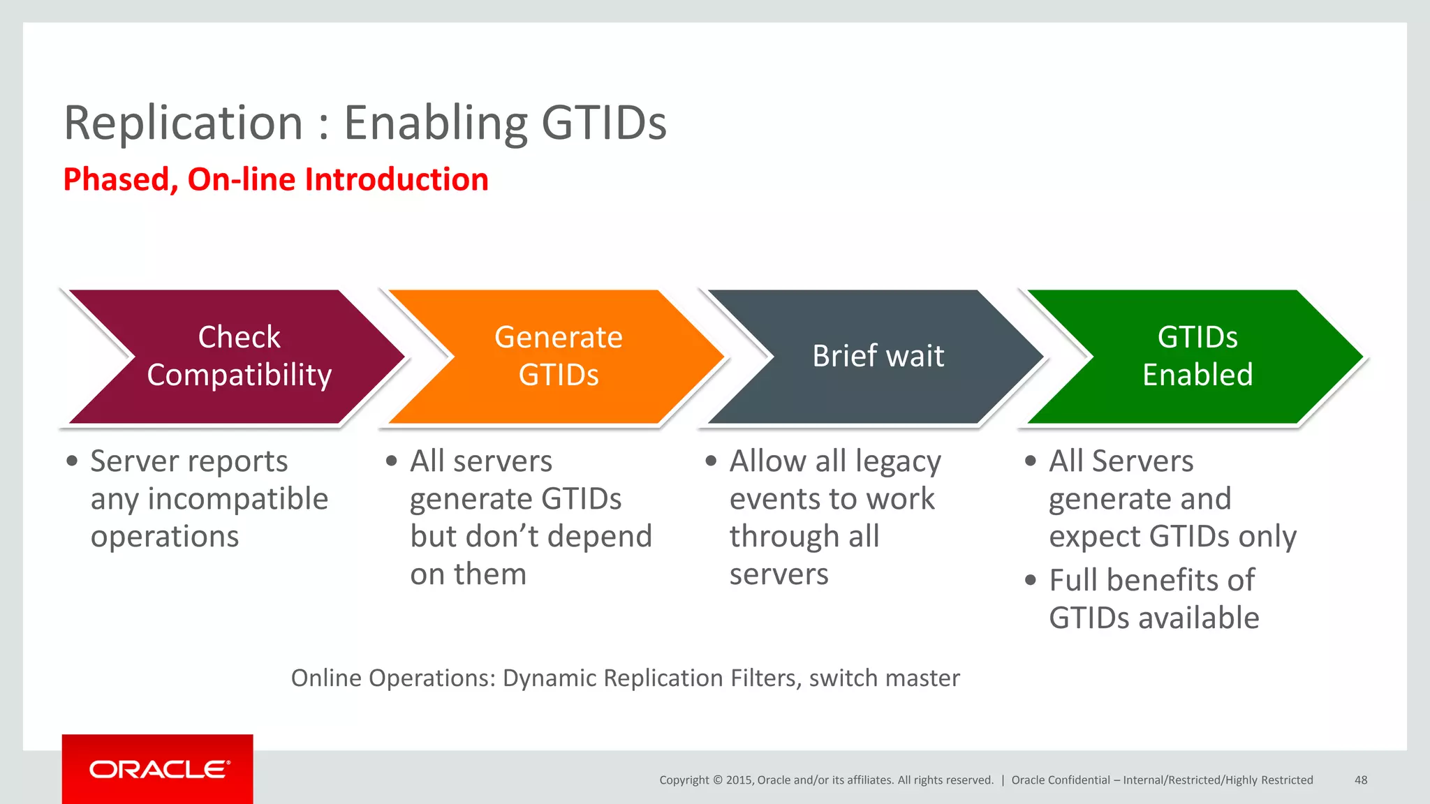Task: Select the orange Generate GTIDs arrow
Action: pos(558,356)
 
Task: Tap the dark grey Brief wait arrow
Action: pos(878,356)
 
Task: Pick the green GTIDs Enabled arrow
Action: pos(1197,356)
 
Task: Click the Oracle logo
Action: pos(159,770)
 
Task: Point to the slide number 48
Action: pos(1360,780)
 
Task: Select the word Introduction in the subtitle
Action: pos(396,179)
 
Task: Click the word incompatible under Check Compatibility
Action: pos(237,499)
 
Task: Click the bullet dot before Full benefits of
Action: pos(1031,580)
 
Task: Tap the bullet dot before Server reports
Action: pos(72,461)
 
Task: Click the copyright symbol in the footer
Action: pos(717,780)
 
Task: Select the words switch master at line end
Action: pos(884,678)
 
